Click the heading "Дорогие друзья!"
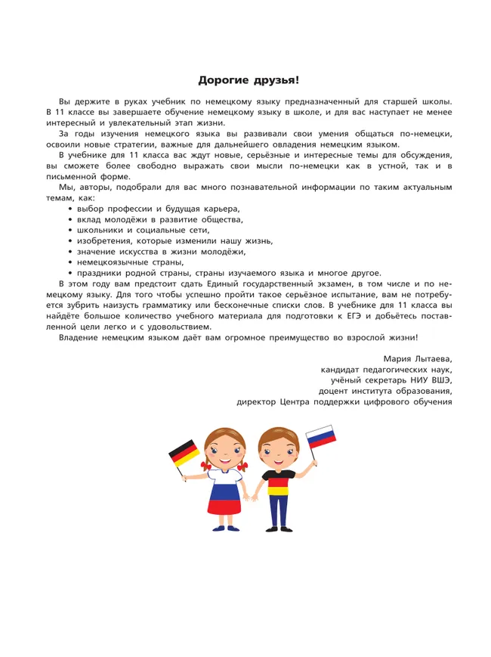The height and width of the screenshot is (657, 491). click(248, 79)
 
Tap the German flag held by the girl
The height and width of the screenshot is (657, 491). click(184, 453)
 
